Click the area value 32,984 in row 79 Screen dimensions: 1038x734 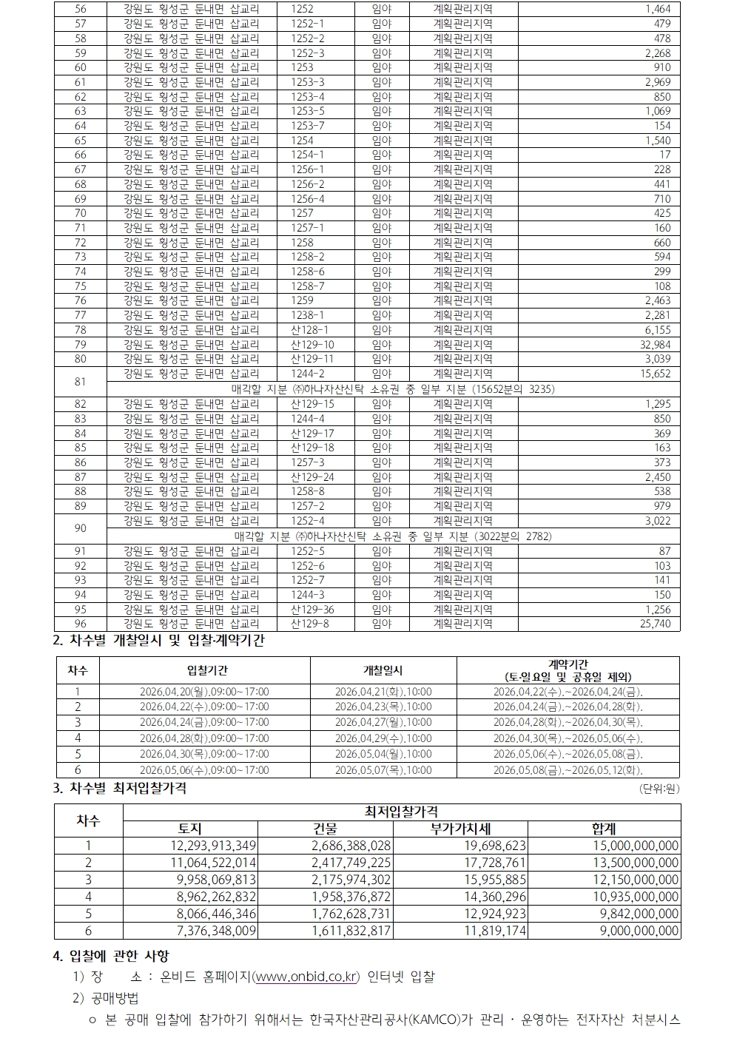655,345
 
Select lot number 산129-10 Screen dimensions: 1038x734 312,345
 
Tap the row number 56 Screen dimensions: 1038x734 81,9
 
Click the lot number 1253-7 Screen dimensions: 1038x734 308,126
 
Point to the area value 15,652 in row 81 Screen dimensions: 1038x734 655,374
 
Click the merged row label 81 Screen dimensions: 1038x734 81,382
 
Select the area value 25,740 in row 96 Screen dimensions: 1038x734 655,624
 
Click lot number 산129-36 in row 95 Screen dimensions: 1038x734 312,610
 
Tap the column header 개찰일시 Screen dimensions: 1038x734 383,670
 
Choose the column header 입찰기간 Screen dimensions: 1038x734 204,670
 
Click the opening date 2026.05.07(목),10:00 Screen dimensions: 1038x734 383,770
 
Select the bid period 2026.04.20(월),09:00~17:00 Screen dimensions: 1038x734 204,692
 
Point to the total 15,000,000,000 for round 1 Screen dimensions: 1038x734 636,846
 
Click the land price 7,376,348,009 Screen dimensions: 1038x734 206,931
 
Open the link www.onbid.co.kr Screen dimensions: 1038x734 306,977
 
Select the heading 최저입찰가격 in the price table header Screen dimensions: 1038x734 401,813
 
